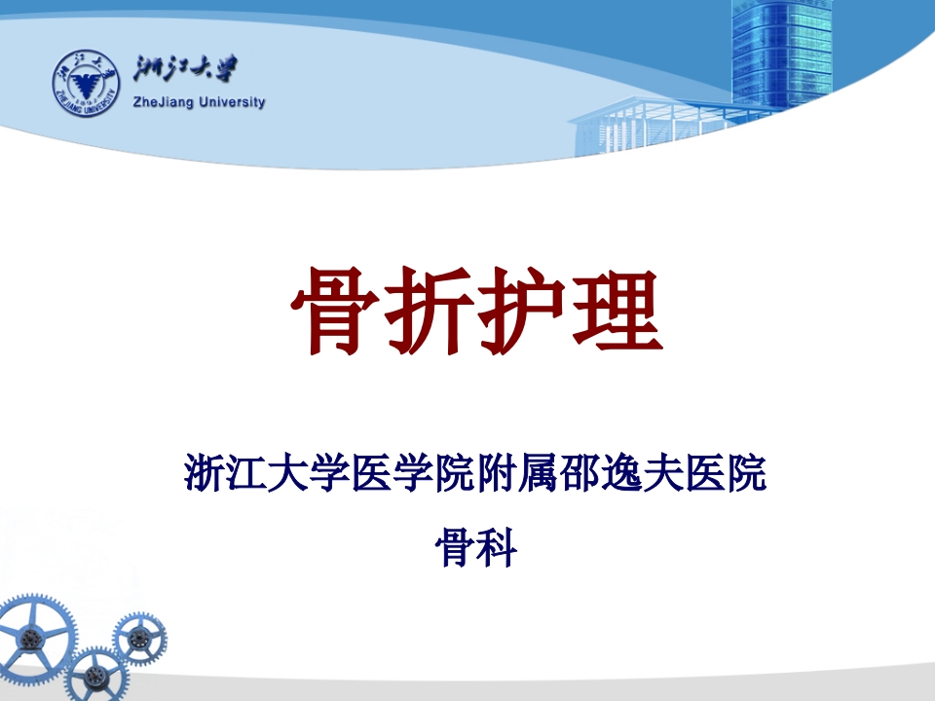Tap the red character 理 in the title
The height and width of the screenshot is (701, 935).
click(617, 312)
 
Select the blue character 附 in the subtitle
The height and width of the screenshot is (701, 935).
click(500, 473)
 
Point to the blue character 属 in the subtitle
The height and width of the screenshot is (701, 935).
click(542, 473)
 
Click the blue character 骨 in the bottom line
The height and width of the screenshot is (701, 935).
click(454, 547)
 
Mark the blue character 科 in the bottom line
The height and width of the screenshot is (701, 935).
click(497, 547)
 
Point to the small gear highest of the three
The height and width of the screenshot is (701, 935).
click(138, 639)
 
